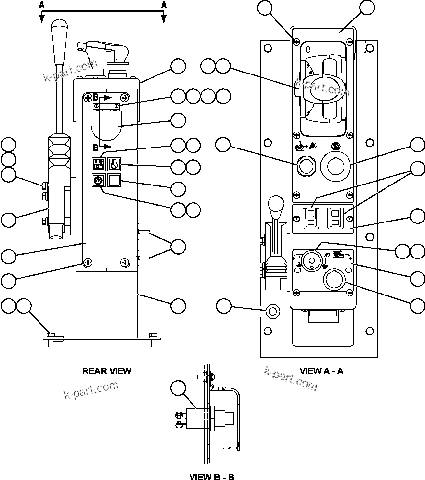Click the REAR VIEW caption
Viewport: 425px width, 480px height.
107,371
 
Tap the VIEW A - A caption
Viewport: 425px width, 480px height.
321,371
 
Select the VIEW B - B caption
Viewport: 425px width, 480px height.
212,477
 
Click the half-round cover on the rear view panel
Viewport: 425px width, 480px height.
107,125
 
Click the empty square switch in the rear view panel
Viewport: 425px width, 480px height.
114,181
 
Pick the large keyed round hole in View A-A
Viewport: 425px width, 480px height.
335,166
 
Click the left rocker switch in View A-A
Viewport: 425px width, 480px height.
311,217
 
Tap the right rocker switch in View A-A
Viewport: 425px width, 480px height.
335,217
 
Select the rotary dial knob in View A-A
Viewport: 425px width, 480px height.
311,259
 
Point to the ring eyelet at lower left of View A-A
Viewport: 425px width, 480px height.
272,311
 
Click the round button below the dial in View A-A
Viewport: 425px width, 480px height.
334,280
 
